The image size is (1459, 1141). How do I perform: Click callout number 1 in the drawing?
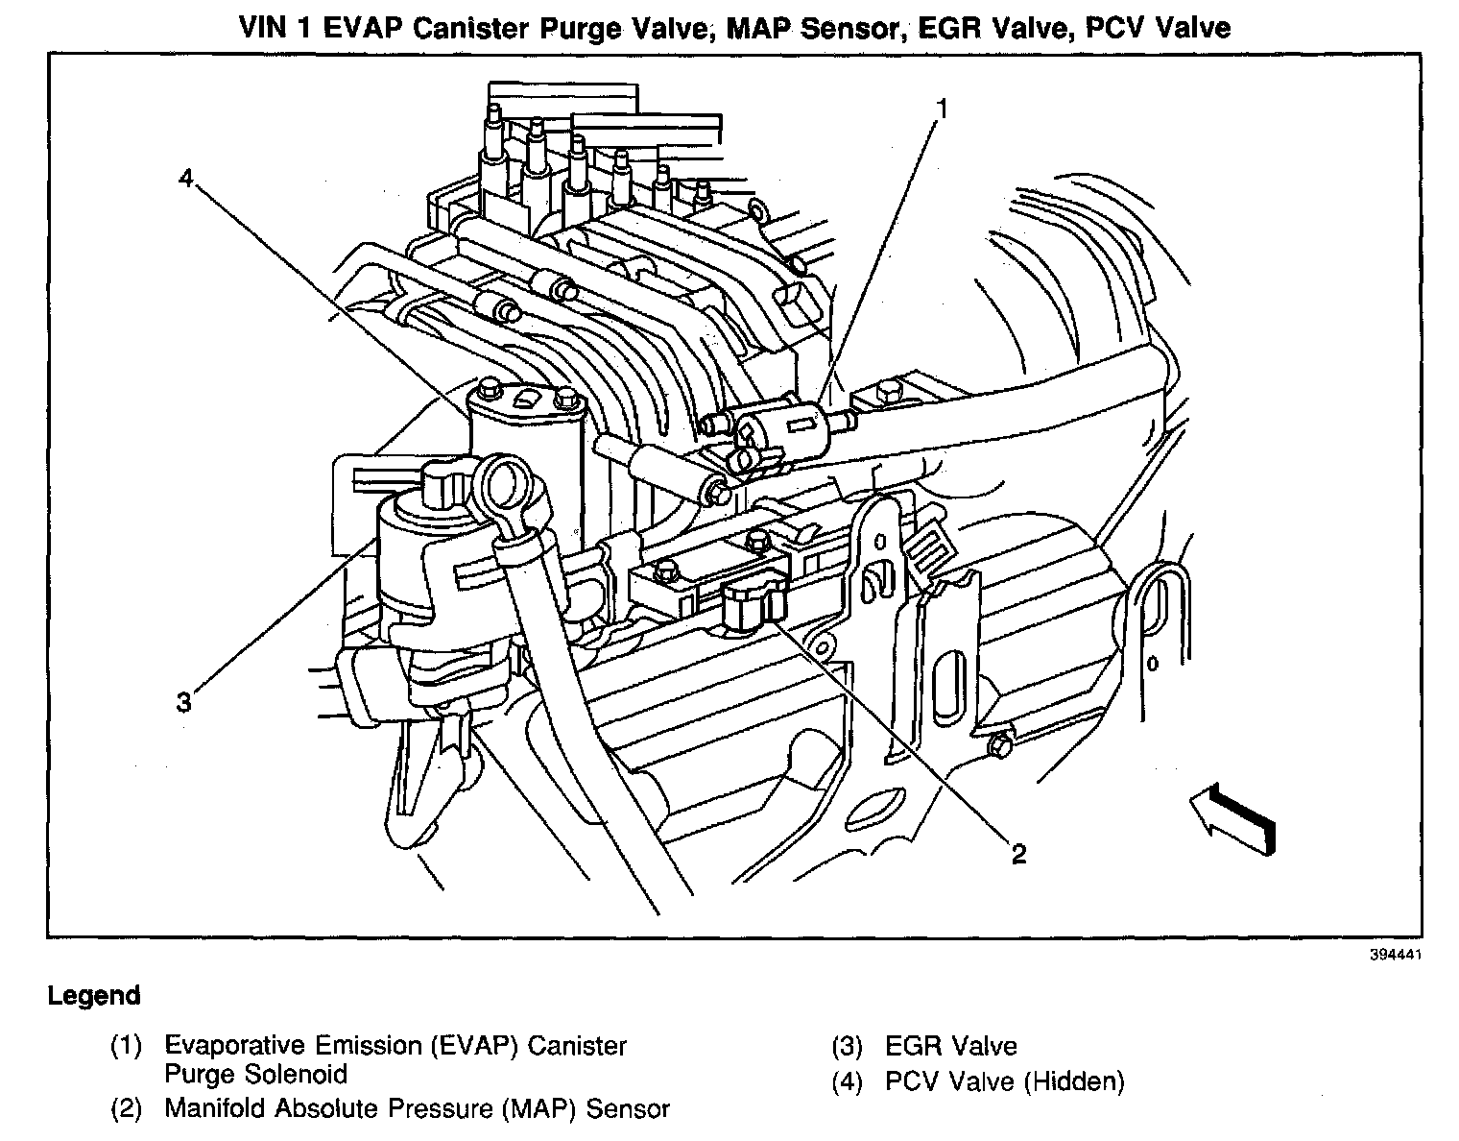pos(943,109)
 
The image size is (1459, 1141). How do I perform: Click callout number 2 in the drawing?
pos(1017,853)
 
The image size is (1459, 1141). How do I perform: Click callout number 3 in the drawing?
pos(183,702)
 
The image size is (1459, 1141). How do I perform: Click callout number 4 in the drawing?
pos(186,178)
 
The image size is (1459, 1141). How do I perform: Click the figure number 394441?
pos(1395,956)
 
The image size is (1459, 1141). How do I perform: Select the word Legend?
pos(94,996)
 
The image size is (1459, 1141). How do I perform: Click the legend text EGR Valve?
pos(950,1046)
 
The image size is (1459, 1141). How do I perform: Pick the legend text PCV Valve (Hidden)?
pos(1004,1081)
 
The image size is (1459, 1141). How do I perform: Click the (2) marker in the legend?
pos(127,1108)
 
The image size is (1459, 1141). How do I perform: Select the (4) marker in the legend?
pos(848,1081)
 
